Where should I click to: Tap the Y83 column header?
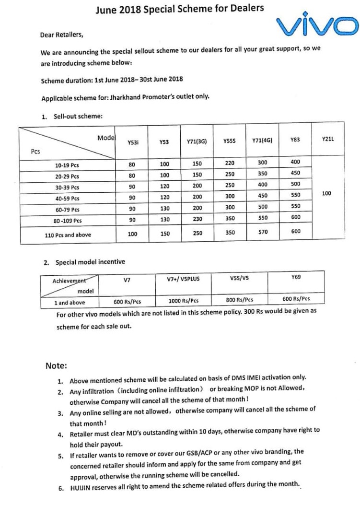295,140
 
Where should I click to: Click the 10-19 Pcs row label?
67,165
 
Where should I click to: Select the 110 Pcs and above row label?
68,235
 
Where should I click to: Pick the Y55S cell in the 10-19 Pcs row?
229,164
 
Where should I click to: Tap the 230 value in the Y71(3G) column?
197,220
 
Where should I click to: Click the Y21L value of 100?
327,193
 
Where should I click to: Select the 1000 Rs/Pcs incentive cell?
183,301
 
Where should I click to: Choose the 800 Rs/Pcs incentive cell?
239,300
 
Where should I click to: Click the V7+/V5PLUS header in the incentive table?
183,279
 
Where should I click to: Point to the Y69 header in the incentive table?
296,277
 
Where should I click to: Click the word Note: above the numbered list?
57,365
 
